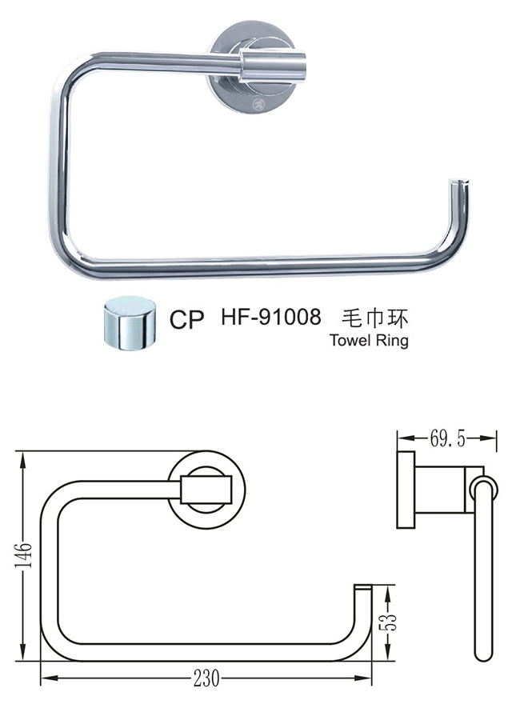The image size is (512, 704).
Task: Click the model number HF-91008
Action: coord(270,318)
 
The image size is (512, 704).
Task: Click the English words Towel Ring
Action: coord(369,339)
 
